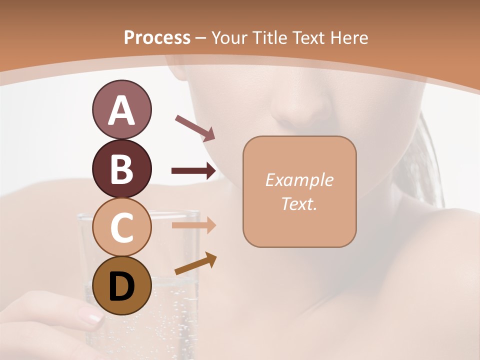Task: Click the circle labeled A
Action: (x=121, y=109)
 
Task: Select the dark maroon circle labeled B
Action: (x=121, y=168)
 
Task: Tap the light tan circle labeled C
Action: (x=121, y=227)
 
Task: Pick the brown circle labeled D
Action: (x=121, y=285)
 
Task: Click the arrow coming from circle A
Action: (x=194, y=128)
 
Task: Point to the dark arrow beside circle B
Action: (x=193, y=171)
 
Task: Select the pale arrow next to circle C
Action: (x=193, y=225)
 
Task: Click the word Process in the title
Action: (x=157, y=37)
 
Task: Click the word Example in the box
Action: (x=299, y=180)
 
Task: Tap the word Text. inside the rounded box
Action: (x=299, y=203)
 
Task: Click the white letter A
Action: (x=121, y=110)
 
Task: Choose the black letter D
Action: (x=121, y=286)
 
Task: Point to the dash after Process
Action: (x=201, y=38)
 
